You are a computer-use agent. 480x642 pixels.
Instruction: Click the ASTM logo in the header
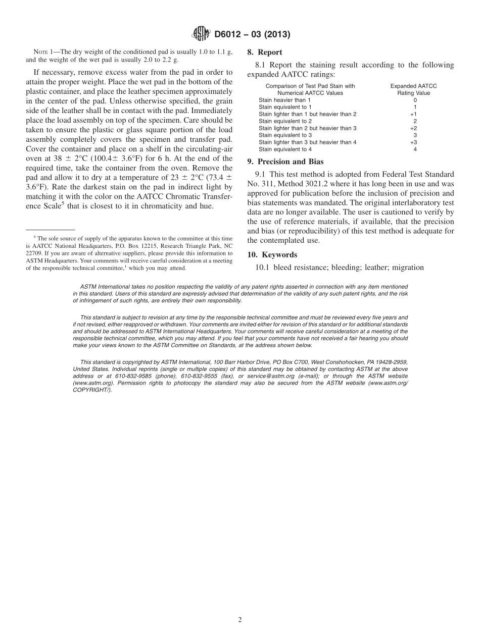click(x=202, y=34)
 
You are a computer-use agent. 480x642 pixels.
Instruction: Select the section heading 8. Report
click(x=264, y=52)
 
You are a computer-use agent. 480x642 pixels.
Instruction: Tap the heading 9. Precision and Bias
click(x=285, y=162)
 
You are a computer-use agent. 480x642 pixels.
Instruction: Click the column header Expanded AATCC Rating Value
click(x=413, y=89)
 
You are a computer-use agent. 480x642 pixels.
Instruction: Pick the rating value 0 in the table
click(x=415, y=100)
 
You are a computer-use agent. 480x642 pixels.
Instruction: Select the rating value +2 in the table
click(x=413, y=128)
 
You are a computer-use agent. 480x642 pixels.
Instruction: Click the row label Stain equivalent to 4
click(x=285, y=149)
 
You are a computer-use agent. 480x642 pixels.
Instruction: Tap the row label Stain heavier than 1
click(x=284, y=100)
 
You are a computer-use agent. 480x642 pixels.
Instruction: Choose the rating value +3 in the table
click(x=413, y=142)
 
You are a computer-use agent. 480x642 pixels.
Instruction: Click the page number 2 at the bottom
click(x=240, y=620)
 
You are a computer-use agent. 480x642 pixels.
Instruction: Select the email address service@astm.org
click(x=270, y=376)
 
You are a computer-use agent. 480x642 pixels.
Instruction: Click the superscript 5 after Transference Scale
click(x=63, y=203)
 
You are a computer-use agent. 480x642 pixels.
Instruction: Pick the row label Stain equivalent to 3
click(x=285, y=135)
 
